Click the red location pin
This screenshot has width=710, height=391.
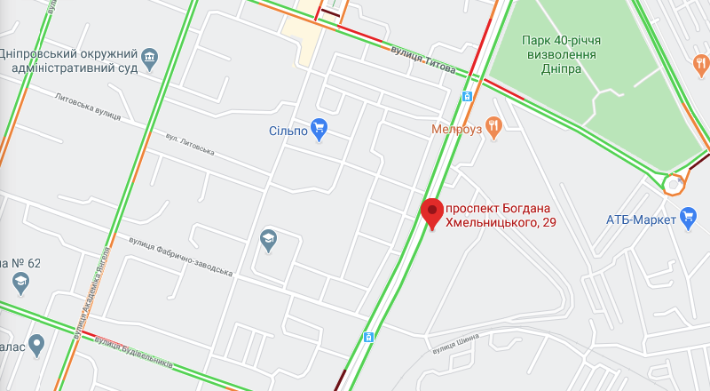(x=432, y=211)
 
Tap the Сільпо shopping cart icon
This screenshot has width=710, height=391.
(x=320, y=130)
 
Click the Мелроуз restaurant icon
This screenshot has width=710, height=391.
(x=494, y=128)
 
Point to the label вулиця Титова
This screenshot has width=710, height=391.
(x=423, y=59)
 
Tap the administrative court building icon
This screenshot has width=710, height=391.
(x=149, y=58)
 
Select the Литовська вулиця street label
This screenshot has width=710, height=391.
(x=87, y=107)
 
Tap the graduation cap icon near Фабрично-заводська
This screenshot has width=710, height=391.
(x=267, y=239)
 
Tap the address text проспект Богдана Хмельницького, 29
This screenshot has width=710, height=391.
(x=501, y=214)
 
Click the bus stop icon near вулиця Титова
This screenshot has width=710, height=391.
(x=467, y=96)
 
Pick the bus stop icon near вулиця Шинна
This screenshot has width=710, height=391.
(x=367, y=337)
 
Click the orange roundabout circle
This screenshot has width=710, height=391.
(x=674, y=184)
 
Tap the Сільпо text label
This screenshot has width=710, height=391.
(x=288, y=131)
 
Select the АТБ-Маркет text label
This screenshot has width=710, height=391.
(x=641, y=219)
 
